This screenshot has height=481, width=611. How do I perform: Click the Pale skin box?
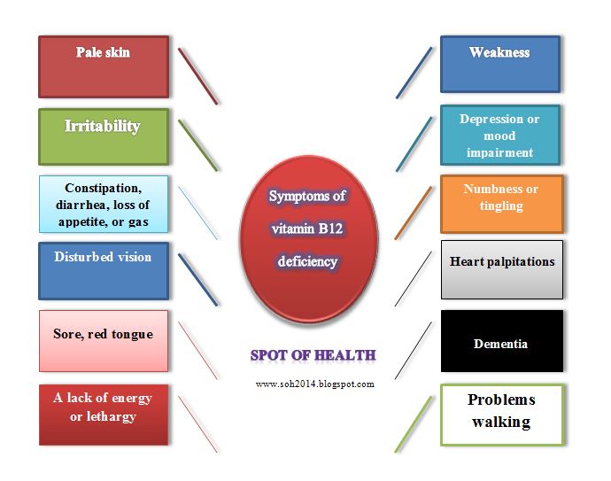point(104,66)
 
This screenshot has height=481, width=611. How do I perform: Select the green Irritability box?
point(104,136)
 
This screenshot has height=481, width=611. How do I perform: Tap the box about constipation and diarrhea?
point(104,204)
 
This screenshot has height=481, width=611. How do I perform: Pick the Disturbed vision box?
point(104,270)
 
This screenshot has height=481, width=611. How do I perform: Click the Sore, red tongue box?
point(104,340)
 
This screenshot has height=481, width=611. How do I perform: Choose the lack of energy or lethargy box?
point(104,415)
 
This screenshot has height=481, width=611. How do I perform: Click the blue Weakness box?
point(499,64)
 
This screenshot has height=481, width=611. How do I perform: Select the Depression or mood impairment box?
point(499,135)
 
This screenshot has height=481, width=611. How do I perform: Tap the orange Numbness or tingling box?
point(501,203)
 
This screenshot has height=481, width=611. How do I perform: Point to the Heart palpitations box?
point(501,269)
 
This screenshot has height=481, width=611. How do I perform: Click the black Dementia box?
point(501,340)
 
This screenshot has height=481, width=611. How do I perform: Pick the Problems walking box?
point(501,413)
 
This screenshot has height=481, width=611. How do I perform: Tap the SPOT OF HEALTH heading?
point(313,355)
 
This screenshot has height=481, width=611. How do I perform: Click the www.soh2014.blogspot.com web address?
point(314,384)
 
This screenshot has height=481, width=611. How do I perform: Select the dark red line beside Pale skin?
point(197,75)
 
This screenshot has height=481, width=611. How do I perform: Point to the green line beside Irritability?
point(197,144)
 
